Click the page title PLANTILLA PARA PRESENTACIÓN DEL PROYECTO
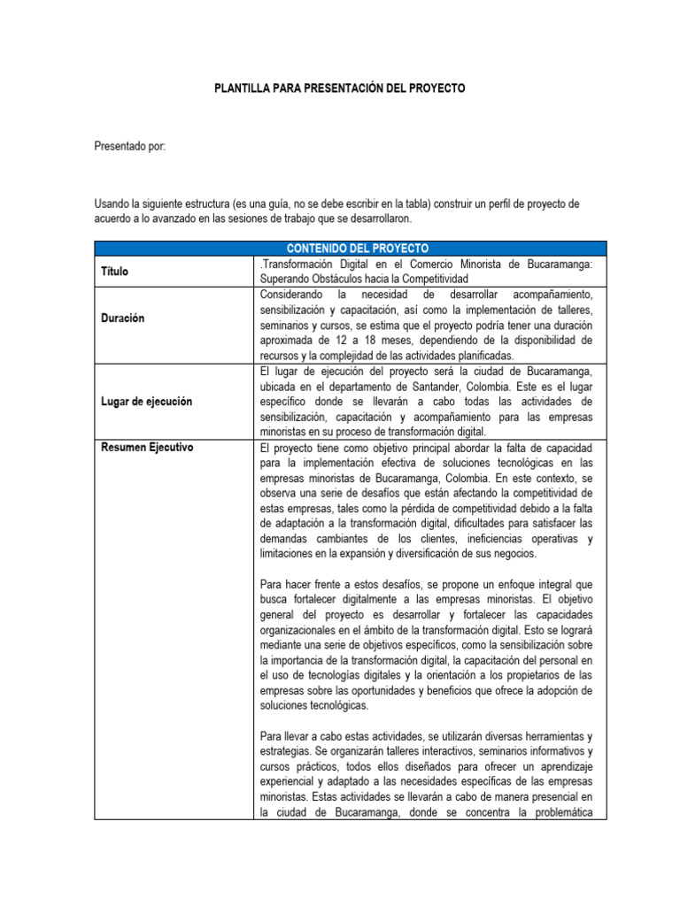coord(340,89)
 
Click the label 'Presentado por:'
coord(129,146)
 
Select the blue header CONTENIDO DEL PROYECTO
coord(352,248)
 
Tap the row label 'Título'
coord(112,272)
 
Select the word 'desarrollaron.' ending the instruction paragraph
coord(381,219)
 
